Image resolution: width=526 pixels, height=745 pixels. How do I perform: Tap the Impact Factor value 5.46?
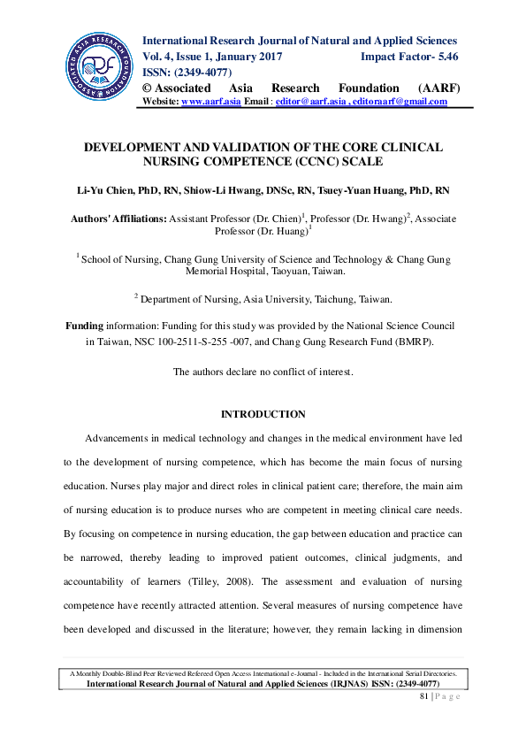444,57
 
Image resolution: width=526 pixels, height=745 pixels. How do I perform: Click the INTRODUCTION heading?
263,414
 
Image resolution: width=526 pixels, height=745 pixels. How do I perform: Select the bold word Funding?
84,326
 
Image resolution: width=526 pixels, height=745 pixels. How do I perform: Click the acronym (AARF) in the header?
437,88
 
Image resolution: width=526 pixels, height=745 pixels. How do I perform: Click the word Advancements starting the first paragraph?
120,438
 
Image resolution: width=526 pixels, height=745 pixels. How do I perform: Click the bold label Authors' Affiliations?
118,218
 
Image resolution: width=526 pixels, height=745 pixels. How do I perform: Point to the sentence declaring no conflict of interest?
263,372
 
